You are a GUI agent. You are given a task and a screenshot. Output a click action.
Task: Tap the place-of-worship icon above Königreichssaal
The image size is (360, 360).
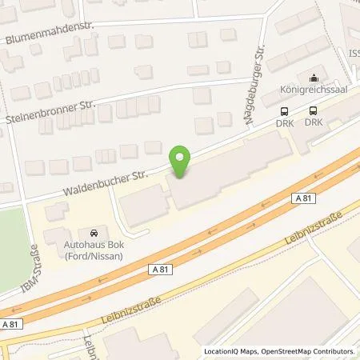[x=313, y=78]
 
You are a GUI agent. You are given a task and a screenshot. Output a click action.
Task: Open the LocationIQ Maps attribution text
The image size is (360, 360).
[x=230, y=352]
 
